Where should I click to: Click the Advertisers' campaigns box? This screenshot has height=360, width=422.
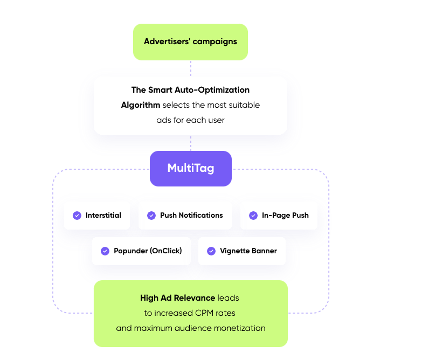tap(190, 41)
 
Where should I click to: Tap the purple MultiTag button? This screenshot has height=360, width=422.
tap(191, 168)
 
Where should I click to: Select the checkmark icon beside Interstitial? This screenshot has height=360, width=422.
tap(77, 216)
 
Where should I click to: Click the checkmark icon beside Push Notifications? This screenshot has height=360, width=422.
tap(151, 216)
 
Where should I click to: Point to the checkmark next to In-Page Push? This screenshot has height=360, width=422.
tap(253, 216)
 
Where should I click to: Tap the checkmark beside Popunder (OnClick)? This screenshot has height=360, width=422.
tap(105, 251)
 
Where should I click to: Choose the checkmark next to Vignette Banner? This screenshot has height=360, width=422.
tap(211, 251)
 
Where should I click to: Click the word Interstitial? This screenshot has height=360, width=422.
tap(103, 216)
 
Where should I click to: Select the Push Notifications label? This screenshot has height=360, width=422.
tap(191, 216)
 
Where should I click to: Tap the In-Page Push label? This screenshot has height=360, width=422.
tap(285, 216)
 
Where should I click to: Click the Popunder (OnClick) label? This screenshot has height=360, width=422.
tap(148, 251)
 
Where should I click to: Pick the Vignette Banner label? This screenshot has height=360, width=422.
tap(248, 251)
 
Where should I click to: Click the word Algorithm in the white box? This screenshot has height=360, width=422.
tap(141, 105)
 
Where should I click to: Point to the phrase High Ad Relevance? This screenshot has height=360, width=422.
tap(177, 298)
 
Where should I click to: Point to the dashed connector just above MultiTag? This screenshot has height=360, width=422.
tap(191, 143)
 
